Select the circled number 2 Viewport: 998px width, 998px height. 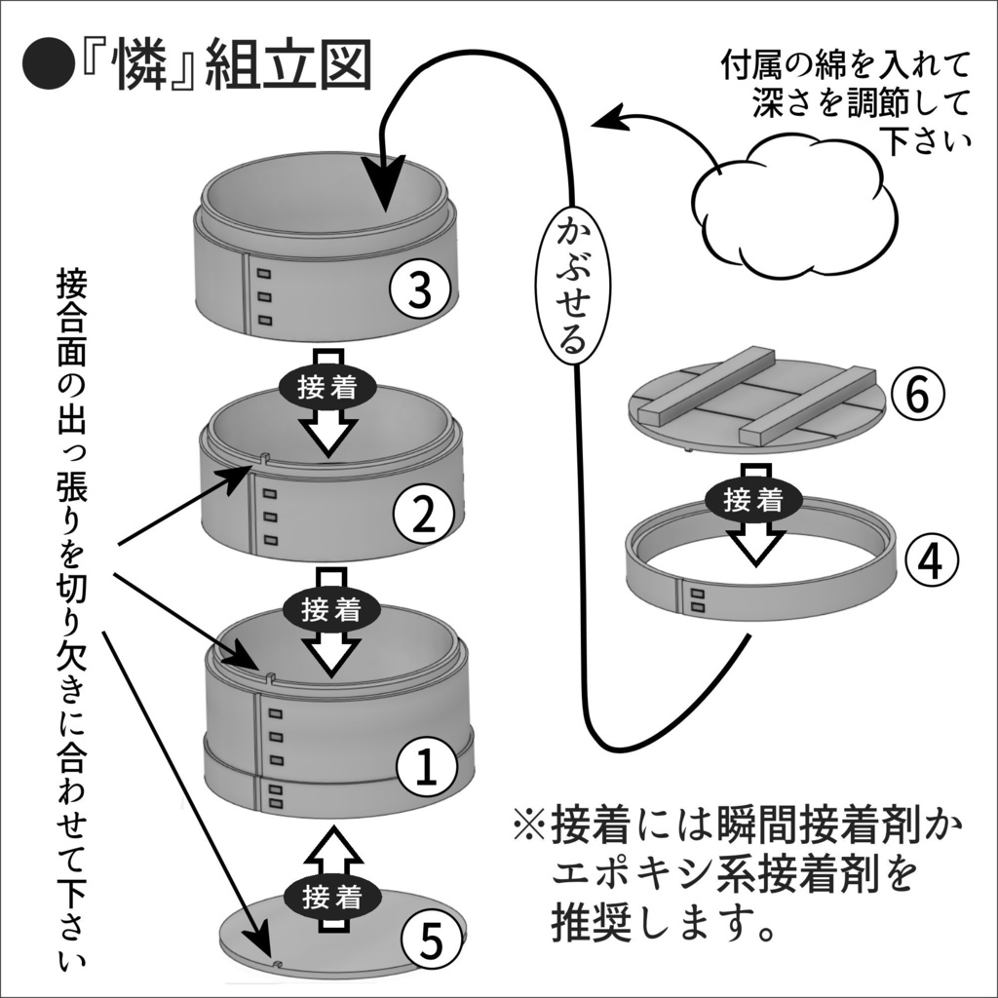421,514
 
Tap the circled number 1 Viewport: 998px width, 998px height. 429,767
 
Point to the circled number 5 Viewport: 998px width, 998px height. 432,940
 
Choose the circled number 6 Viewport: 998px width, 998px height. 923,395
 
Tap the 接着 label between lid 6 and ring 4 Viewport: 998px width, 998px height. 753,500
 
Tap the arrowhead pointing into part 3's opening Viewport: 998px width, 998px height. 390,189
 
